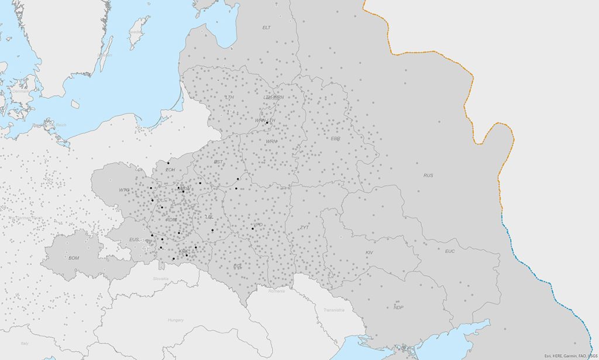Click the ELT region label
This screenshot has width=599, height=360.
pos(267,28)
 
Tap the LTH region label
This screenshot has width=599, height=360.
pos(229,97)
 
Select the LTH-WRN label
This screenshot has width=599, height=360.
pos(273,97)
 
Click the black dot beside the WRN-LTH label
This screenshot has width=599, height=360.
pos(267,122)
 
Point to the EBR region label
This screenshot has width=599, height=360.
pos(335,139)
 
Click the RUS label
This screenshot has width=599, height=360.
pos(429,176)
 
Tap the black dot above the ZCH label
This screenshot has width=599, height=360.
pos(168,163)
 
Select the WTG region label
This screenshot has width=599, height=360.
pos(124,190)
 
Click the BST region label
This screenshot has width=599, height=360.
pos(218,162)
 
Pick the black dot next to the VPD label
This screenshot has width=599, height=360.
pos(253,228)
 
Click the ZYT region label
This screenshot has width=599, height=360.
pos(304,228)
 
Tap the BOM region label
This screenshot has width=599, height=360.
pos(74,258)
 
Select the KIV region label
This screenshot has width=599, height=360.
pos(369,253)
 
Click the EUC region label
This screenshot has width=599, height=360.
pos(450,252)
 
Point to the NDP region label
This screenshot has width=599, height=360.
pos(398,308)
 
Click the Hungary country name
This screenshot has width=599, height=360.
pos(175,320)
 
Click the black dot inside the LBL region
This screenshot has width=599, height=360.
pos(212,230)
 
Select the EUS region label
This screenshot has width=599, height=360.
pos(135,239)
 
